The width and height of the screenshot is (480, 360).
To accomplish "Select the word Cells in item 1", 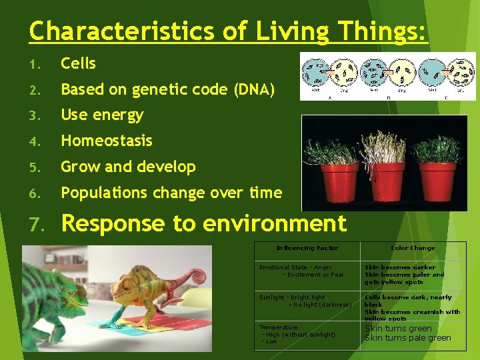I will (x=78, y=64).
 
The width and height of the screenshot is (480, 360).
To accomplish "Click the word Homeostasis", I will (x=107, y=141).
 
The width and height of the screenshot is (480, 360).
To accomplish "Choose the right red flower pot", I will (x=437, y=182).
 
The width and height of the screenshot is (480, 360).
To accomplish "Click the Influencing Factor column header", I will (x=307, y=248).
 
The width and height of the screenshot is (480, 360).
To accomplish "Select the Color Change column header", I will (x=413, y=248).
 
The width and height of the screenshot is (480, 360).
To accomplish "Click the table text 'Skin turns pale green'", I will (x=407, y=338).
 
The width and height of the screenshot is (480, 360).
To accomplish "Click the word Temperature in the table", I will (x=279, y=327).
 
